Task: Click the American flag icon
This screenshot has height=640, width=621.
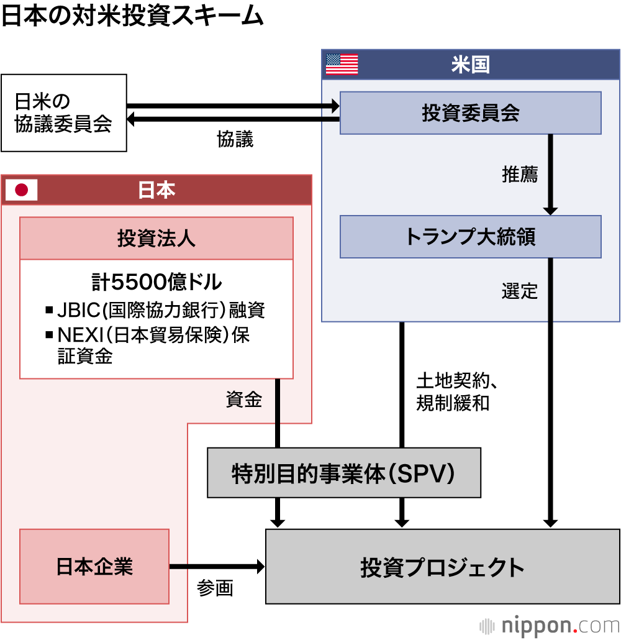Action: (342, 64)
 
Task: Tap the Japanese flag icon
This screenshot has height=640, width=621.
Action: (22, 190)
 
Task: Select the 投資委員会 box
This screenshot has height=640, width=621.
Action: (470, 112)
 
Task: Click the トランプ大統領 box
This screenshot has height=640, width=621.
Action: (470, 236)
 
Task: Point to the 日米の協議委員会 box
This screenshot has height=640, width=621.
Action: (64, 113)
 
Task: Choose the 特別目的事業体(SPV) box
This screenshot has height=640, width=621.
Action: (343, 473)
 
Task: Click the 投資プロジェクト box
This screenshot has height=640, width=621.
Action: (442, 566)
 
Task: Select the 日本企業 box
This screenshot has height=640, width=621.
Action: (94, 566)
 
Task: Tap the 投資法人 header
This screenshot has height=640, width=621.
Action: (156, 238)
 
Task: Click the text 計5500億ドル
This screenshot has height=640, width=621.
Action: (156, 282)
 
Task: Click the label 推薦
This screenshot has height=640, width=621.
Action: (519, 175)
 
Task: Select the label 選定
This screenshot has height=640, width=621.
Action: (519, 291)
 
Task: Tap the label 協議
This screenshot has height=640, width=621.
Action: (235, 139)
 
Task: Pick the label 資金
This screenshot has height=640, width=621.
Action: (243, 400)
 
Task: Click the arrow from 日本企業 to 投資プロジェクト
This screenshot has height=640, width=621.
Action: (217, 566)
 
